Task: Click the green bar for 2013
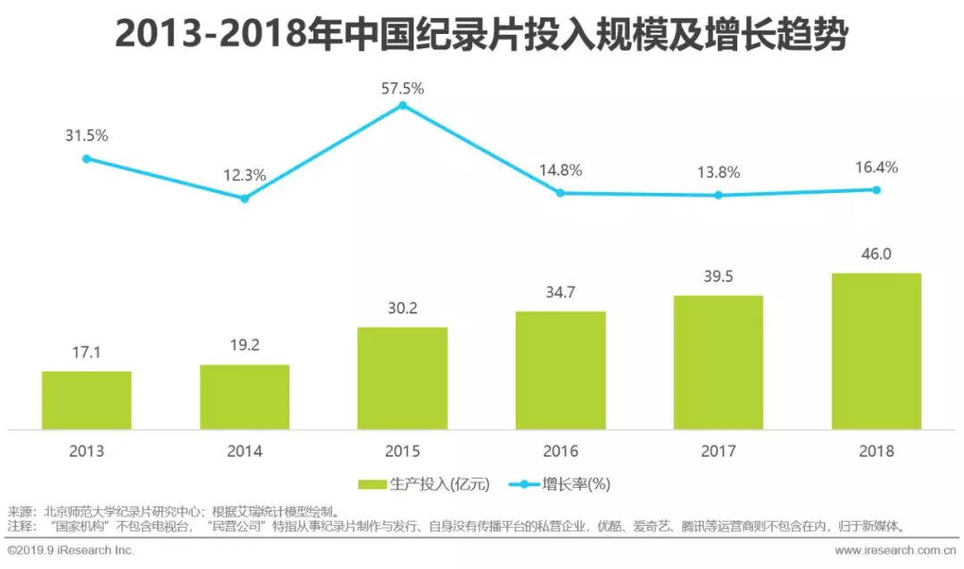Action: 87,400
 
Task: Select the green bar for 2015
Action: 403,378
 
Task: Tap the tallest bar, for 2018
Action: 877,351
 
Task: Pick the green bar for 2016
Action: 561,370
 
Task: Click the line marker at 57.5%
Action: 403,105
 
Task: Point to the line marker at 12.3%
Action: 245,198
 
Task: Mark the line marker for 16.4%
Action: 877,189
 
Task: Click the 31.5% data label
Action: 87,136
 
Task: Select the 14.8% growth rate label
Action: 561,170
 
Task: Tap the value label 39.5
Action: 719,277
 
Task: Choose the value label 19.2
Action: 245,347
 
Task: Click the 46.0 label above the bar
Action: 877,255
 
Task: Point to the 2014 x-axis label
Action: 245,451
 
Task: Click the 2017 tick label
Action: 719,451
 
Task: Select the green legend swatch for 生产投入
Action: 372,485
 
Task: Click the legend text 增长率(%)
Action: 576,485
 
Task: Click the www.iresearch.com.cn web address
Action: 896,550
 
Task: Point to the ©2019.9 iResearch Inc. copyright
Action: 71,550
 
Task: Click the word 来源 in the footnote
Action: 20,513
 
